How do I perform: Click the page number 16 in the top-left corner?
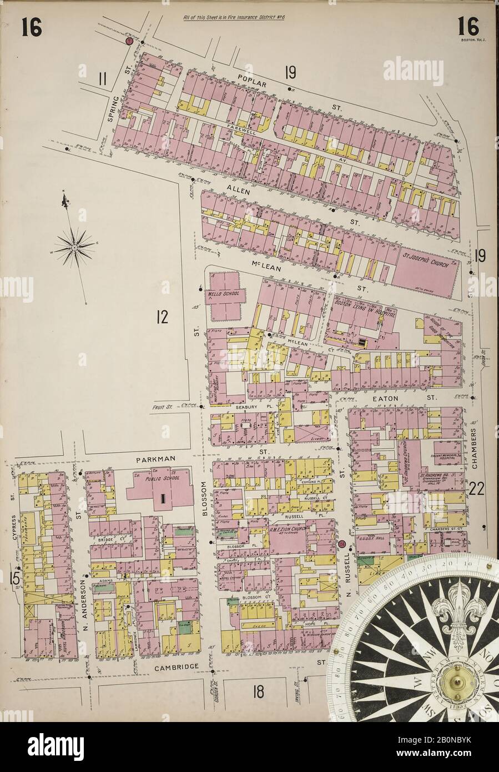(x=32, y=26)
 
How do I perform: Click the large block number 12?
(x=162, y=318)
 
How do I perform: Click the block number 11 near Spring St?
(x=101, y=78)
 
